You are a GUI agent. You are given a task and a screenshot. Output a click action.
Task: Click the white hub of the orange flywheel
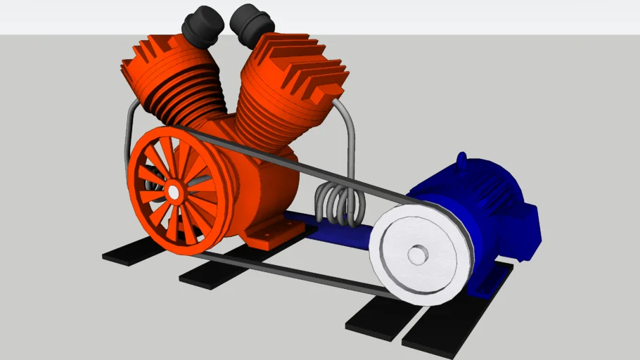pos(173,191)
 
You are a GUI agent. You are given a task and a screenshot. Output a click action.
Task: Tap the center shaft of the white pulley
pos(417,255)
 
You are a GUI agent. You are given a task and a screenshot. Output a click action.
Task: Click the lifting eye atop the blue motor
pos(461,160)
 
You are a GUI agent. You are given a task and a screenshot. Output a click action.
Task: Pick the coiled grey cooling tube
pos(341,204)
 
